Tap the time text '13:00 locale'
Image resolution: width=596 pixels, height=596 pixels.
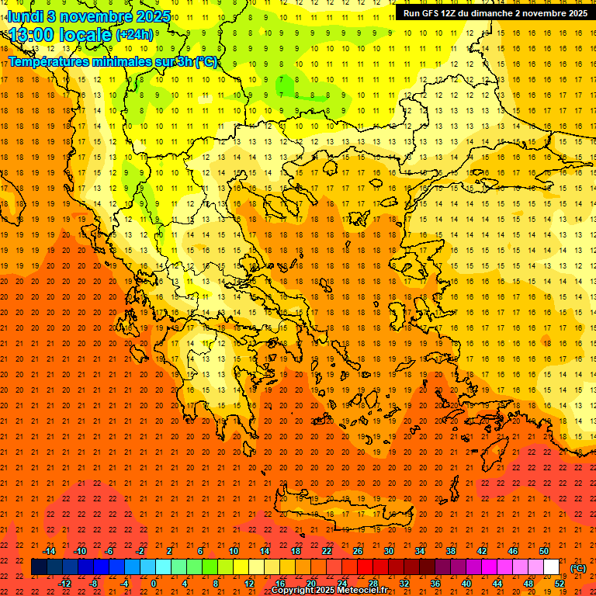tap(59, 34)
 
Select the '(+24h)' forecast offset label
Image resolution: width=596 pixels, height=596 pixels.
tap(134, 35)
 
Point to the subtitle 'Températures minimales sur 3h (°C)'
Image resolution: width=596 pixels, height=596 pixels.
tap(113, 61)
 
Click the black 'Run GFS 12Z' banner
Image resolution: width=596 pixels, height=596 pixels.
tap(495, 13)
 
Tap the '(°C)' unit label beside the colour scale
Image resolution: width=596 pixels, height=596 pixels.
tap(578, 568)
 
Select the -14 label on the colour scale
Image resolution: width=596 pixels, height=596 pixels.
tap(49, 551)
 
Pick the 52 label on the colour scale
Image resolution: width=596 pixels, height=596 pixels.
tap(560, 584)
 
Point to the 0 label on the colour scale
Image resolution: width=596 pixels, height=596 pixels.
tap(154, 584)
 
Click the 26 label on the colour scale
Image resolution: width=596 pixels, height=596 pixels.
tap(358, 551)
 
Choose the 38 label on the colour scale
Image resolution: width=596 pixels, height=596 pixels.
tap(451, 551)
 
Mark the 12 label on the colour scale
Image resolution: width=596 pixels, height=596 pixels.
tap(249, 584)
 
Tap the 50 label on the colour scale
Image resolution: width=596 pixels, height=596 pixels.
tap(544, 551)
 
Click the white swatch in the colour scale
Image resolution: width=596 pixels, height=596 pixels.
tap(552, 567)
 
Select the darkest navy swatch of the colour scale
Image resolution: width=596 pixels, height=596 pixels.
tap(39, 567)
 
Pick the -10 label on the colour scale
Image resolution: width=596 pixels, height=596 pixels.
tap(80, 551)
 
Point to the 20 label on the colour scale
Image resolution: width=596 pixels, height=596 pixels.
tap(311, 584)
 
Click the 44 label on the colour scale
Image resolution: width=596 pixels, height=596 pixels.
tap(497, 584)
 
